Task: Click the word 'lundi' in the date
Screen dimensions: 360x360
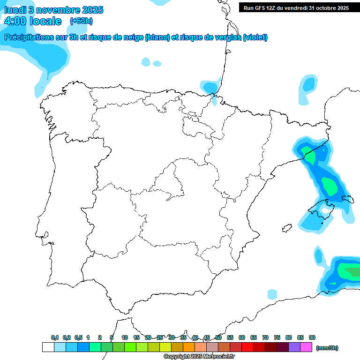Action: pyautogui.click(x=15, y=10)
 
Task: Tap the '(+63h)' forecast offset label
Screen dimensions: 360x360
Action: pyautogui.click(x=81, y=21)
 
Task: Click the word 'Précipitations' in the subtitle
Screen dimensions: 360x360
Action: pyautogui.click(x=28, y=37)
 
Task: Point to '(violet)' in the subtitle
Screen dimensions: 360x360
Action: pyautogui.click(x=255, y=37)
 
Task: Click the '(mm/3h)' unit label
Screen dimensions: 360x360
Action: pyautogui.click(x=327, y=348)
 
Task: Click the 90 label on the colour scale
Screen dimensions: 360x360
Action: pyautogui.click(x=312, y=337)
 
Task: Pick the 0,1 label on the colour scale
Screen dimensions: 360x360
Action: pyautogui.click(x=55, y=337)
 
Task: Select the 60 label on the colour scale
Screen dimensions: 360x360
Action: pyautogui.click(x=242, y=337)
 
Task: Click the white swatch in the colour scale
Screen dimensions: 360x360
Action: pyautogui.click(x=48, y=347)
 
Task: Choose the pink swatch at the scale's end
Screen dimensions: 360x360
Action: pyautogui.click(x=306, y=347)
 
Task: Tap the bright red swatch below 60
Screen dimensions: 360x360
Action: pyautogui.click(x=247, y=347)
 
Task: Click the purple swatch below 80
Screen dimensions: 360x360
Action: pyautogui.click(x=294, y=347)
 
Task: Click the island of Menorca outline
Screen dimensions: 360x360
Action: pyautogui.click(x=347, y=199)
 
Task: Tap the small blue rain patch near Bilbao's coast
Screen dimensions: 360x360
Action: pyautogui.click(x=210, y=87)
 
